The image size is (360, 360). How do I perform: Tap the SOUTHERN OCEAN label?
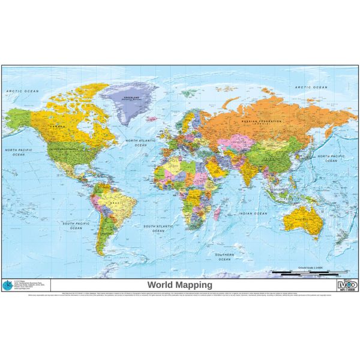click(224, 256)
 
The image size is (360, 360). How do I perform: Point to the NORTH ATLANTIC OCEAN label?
click(140, 142)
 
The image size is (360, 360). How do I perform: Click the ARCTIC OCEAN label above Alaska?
click(19, 90)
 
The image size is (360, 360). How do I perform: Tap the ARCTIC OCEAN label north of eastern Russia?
click(311, 88)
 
